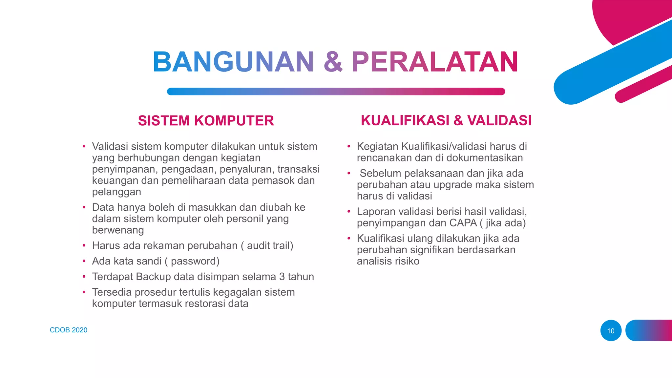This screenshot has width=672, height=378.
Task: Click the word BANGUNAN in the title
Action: [233, 62]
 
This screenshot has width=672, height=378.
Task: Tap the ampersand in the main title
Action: [333, 62]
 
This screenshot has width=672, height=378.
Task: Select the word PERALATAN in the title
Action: [435, 62]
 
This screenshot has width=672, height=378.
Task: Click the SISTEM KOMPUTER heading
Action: [206, 121]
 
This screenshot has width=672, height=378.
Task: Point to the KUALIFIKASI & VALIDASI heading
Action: [446, 120]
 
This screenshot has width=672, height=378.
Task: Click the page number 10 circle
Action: [611, 331]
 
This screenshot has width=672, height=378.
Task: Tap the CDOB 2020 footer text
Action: [69, 330]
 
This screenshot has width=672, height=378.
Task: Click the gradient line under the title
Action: [336, 92]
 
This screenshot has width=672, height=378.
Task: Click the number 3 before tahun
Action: [282, 277]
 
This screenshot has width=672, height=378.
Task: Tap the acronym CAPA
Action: [463, 223]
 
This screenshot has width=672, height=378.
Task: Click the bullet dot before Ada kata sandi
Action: [84, 261]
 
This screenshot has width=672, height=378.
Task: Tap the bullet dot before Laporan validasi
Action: [349, 212]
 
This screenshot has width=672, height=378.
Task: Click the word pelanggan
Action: [116, 192]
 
